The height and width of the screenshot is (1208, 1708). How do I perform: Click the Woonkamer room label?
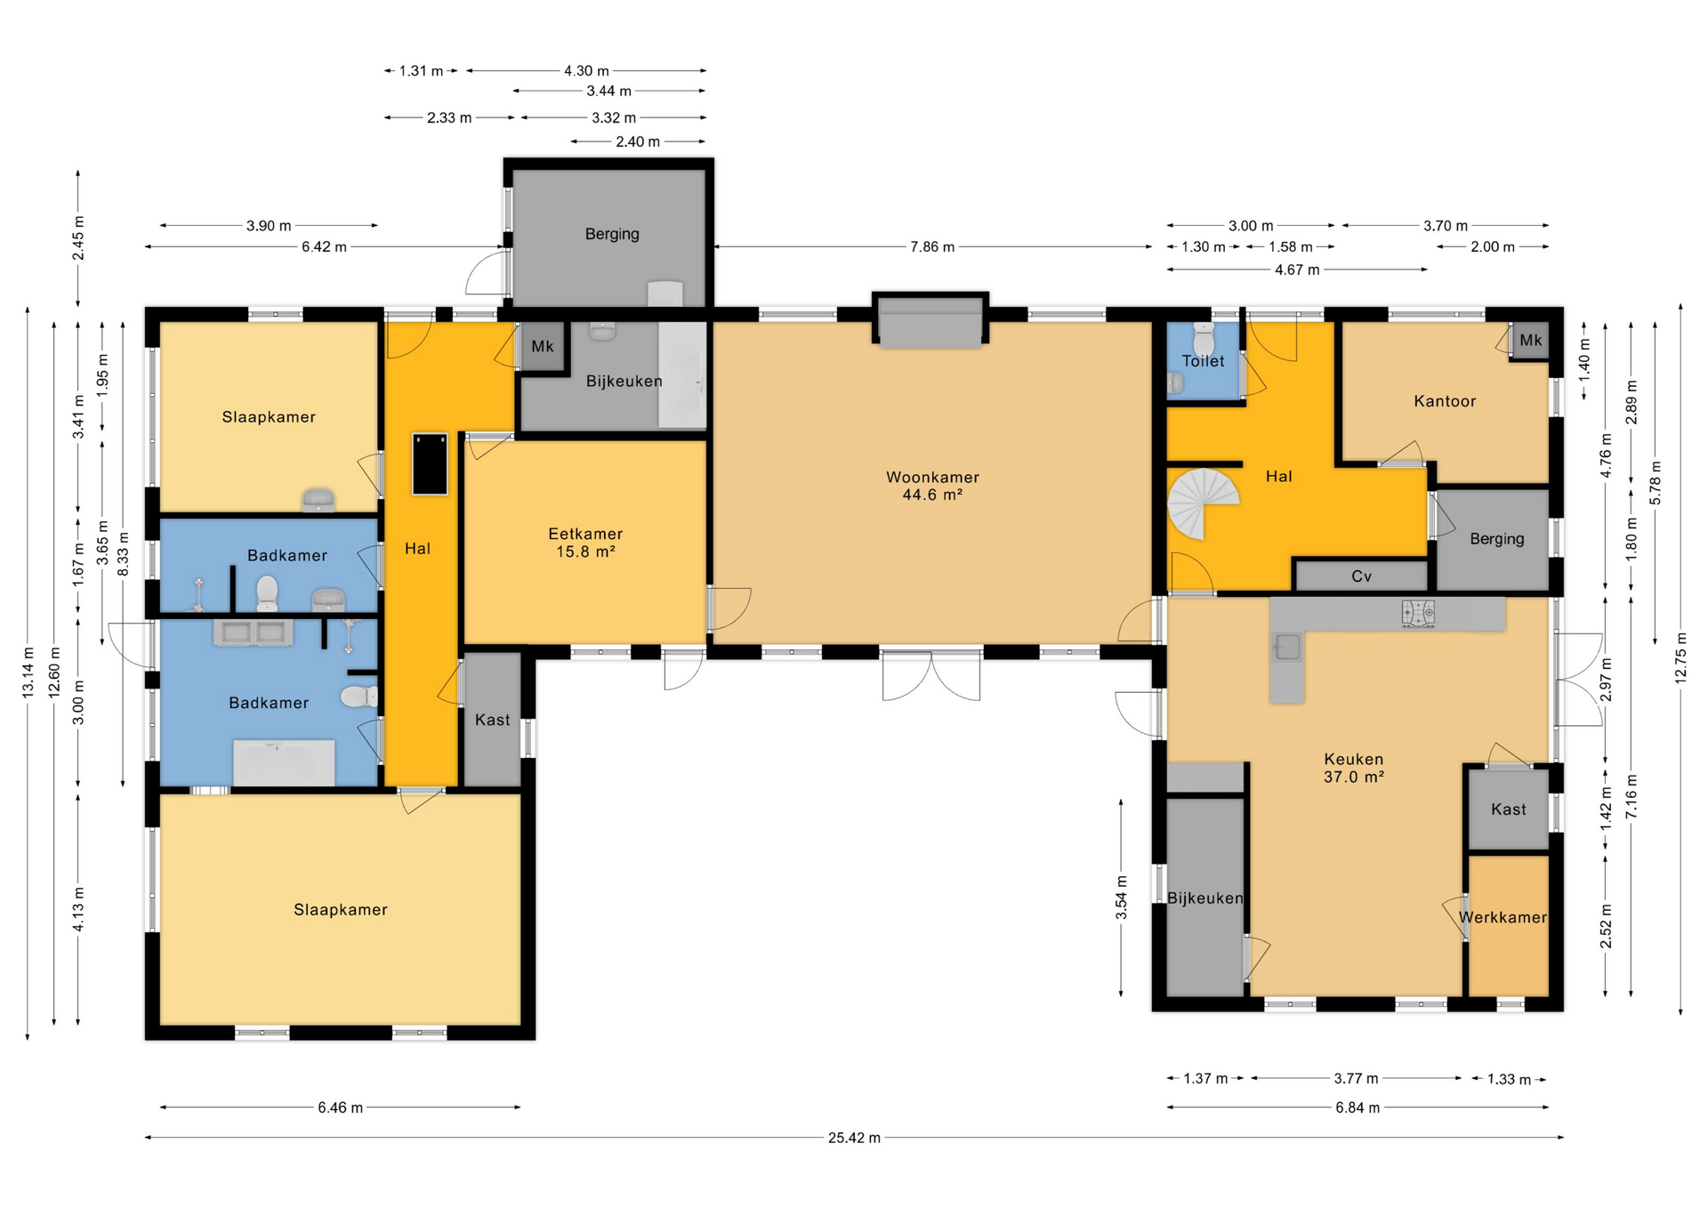(932, 478)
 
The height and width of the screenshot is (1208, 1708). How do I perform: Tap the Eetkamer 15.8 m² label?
(585, 543)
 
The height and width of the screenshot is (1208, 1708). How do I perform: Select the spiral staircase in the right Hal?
(1204, 503)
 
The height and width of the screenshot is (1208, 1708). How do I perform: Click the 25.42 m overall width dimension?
(854, 1138)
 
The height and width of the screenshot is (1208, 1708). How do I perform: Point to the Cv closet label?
(1362, 576)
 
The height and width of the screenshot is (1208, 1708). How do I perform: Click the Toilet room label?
(1204, 361)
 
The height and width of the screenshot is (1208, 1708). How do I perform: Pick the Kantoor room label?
(1445, 401)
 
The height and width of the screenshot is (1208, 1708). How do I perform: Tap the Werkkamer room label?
(1503, 917)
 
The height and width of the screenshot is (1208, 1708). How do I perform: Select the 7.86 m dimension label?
(932, 247)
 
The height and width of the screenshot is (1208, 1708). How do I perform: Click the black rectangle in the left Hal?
(429, 463)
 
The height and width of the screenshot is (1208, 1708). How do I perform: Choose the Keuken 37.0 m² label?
(1354, 768)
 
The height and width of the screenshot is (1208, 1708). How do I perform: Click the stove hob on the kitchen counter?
(1419, 614)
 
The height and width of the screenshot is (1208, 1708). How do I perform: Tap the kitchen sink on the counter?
(1287, 647)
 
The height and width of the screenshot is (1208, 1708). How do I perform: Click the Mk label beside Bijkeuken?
(543, 346)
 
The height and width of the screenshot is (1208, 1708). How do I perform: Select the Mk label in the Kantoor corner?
(1531, 340)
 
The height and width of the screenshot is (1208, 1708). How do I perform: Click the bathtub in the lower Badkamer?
(284, 762)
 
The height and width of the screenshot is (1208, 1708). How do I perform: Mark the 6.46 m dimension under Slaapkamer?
(340, 1107)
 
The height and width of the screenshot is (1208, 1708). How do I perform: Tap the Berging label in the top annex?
(612, 234)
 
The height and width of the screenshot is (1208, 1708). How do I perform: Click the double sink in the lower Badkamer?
(254, 632)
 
